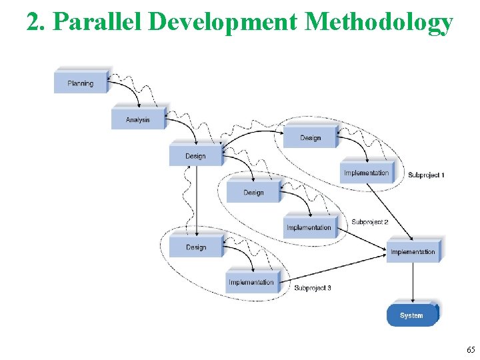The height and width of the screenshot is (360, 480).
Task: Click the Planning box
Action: click(81, 83)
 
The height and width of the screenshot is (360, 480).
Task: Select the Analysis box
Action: click(138, 119)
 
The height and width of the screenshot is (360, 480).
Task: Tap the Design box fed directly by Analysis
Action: click(195, 156)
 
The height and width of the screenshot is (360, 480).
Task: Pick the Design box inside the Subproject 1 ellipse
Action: click(310, 137)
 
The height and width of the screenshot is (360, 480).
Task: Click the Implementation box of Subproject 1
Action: click(367, 173)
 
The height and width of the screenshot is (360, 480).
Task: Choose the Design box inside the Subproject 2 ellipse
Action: click(253, 192)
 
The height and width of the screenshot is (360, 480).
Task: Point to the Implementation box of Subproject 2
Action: click(309, 227)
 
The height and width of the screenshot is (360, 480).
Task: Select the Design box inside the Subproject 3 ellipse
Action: click(196, 247)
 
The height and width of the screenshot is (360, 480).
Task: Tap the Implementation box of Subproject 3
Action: click(251, 282)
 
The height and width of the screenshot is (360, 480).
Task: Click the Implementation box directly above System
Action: click(413, 251)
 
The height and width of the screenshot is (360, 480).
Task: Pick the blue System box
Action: click(411, 315)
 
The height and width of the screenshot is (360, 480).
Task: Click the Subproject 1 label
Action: click(426, 175)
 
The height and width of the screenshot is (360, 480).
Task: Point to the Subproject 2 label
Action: click(370, 222)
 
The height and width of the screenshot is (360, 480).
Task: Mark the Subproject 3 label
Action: click(313, 288)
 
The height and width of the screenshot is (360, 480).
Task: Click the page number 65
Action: click(471, 349)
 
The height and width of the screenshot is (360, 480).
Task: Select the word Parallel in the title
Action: click(99, 22)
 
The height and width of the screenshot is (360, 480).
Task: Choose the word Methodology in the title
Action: click(379, 22)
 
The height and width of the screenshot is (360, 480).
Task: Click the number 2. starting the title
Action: click(36, 22)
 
